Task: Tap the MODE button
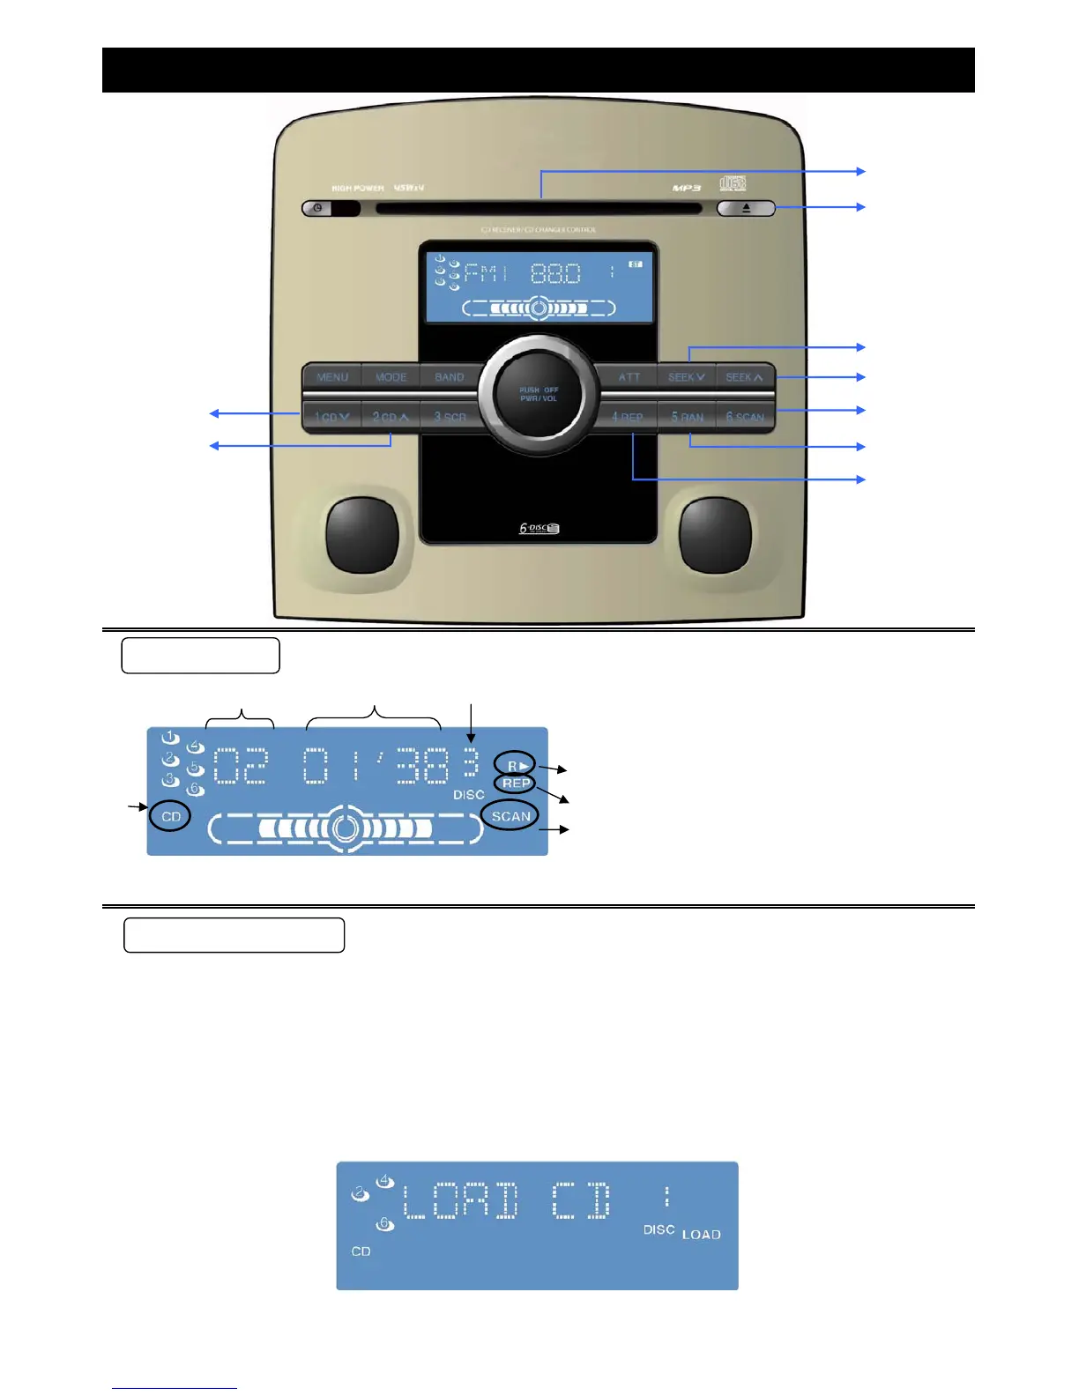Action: pyautogui.click(x=391, y=377)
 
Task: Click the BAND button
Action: pyautogui.click(x=450, y=377)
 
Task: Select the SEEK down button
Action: pyautogui.click(x=687, y=377)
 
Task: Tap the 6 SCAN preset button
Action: pyautogui.click(x=746, y=417)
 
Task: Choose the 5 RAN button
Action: pyautogui.click(x=688, y=417)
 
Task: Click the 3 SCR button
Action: pyautogui.click(x=450, y=417)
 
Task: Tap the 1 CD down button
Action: pyautogui.click(x=332, y=417)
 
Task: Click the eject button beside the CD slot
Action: pyautogui.click(x=746, y=209)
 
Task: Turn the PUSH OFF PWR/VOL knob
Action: pyautogui.click(x=539, y=394)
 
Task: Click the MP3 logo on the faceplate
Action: pyautogui.click(x=687, y=188)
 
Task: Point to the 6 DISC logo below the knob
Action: pyautogui.click(x=539, y=529)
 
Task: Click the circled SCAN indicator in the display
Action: pyautogui.click(x=511, y=816)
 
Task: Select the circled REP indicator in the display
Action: pyautogui.click(x=516, y=783)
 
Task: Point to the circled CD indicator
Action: pyautogui.click(x=171, y=817)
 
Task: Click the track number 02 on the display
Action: pyautogui.click(x=241, y=765)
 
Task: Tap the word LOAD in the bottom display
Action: pyautogui.click(x=702, y=1235)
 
